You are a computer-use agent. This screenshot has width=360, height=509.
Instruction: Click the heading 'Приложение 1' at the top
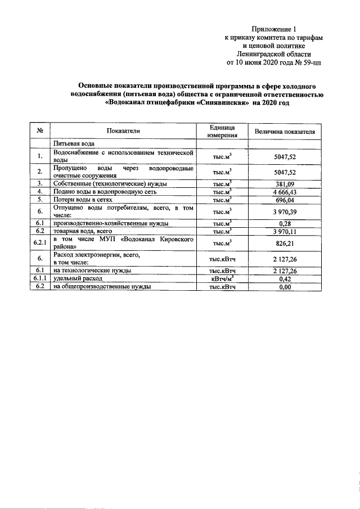[273, 29]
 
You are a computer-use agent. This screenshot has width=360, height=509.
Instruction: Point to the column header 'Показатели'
[123, 131]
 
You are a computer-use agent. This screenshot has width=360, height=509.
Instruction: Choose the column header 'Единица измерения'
[222, 131]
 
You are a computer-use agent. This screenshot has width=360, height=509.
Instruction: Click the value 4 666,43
[285, 191]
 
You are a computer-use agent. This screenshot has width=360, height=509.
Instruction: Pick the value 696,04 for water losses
[285, 199]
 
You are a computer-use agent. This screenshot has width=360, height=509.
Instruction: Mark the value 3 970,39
[285, 211]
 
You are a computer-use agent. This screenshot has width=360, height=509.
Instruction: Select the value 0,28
[285, 223]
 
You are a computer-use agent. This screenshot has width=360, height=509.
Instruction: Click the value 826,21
[285, 243]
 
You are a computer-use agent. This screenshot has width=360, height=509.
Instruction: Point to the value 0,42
[285, 278]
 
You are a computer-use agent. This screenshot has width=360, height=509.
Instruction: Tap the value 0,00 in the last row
[285, 287]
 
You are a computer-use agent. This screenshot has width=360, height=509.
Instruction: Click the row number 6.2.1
[40, 243]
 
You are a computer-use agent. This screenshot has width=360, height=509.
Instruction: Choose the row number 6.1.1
[40, 278]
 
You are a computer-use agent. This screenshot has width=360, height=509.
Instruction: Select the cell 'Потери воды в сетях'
[83, 199]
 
